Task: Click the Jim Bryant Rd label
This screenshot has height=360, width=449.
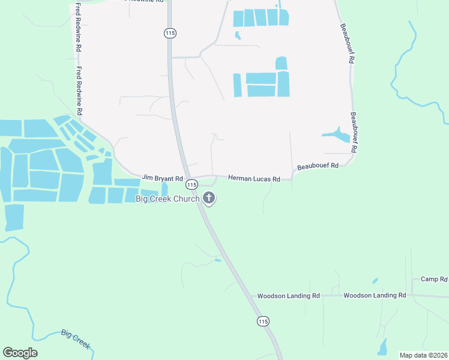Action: point(162,178)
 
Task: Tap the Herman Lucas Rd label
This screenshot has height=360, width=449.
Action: point(254,179)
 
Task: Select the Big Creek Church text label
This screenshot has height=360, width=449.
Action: point(167,199)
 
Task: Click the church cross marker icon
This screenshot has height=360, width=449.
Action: point(209,197)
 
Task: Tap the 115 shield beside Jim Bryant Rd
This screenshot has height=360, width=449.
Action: point(191,183)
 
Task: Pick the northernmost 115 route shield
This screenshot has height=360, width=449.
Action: point(170,34)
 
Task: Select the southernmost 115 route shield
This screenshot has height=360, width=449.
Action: point(262,322)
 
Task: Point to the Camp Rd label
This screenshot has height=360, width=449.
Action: point(434,279)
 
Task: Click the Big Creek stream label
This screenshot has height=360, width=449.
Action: point(76,339)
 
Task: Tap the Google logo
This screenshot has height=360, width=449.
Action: point(20,353)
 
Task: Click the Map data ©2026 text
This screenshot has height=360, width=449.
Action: point(423,355)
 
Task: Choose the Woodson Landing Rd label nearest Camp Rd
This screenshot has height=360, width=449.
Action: point(375,295)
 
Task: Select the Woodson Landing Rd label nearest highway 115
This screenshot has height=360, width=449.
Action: point(288,296)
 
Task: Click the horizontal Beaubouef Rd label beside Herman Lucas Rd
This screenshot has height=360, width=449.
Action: point(318,166)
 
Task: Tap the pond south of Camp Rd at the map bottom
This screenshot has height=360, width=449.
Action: point(383,346)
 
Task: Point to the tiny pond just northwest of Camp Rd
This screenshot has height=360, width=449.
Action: point(375,280)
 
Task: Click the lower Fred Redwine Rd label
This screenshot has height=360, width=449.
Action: point(79,91)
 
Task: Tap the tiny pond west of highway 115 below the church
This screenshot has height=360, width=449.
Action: point(217,260)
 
